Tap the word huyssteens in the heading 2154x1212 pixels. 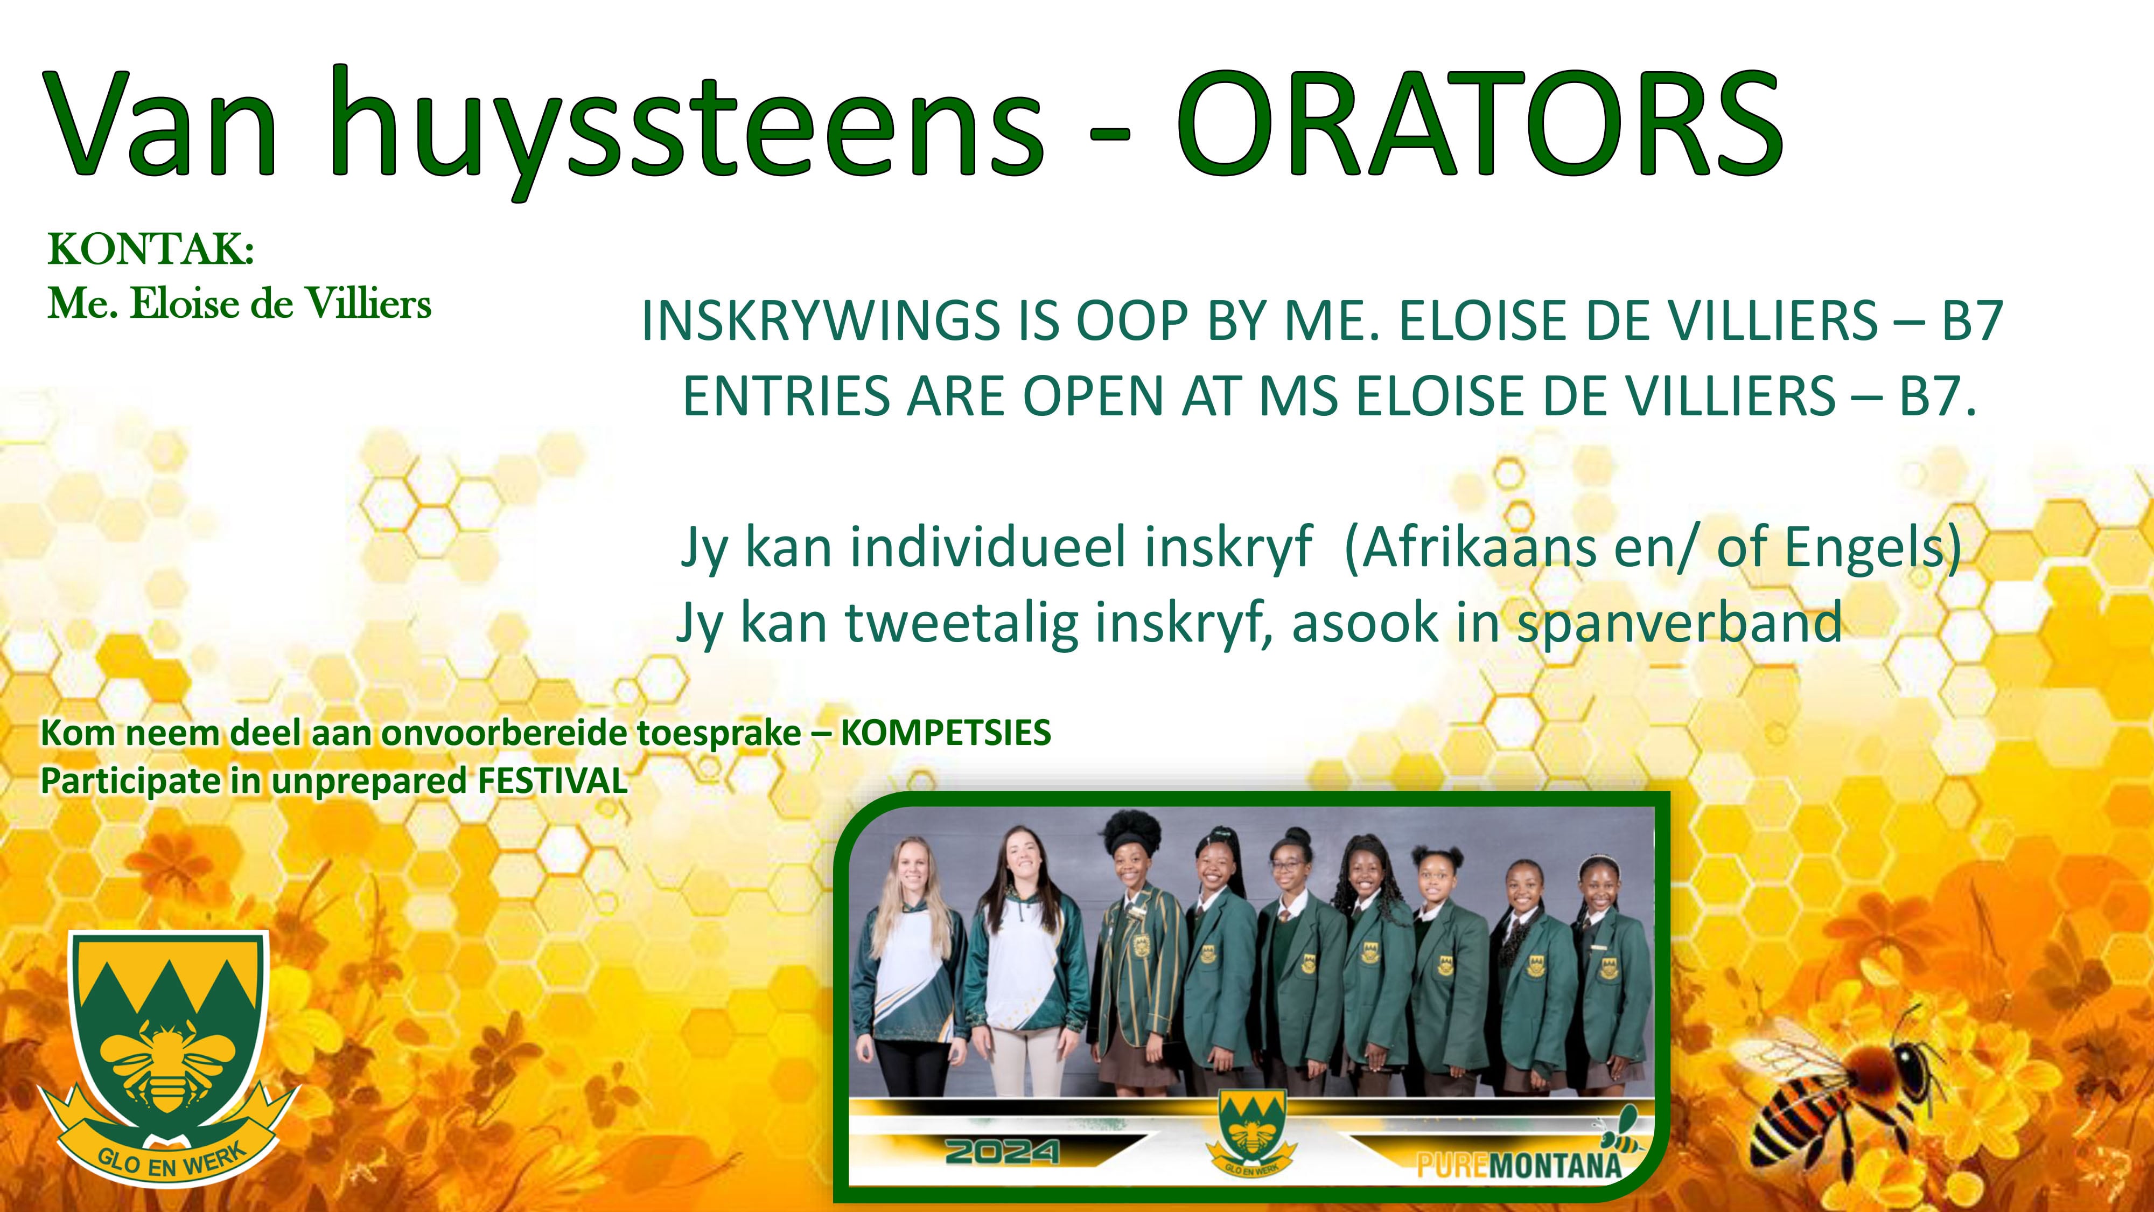[686, 130]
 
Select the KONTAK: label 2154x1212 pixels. [151, 249]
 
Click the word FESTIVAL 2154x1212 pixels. [552, 781]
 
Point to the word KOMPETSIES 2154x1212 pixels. [946, 733]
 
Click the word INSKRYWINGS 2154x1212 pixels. [820, 321]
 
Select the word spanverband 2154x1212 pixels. [1679, 624]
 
